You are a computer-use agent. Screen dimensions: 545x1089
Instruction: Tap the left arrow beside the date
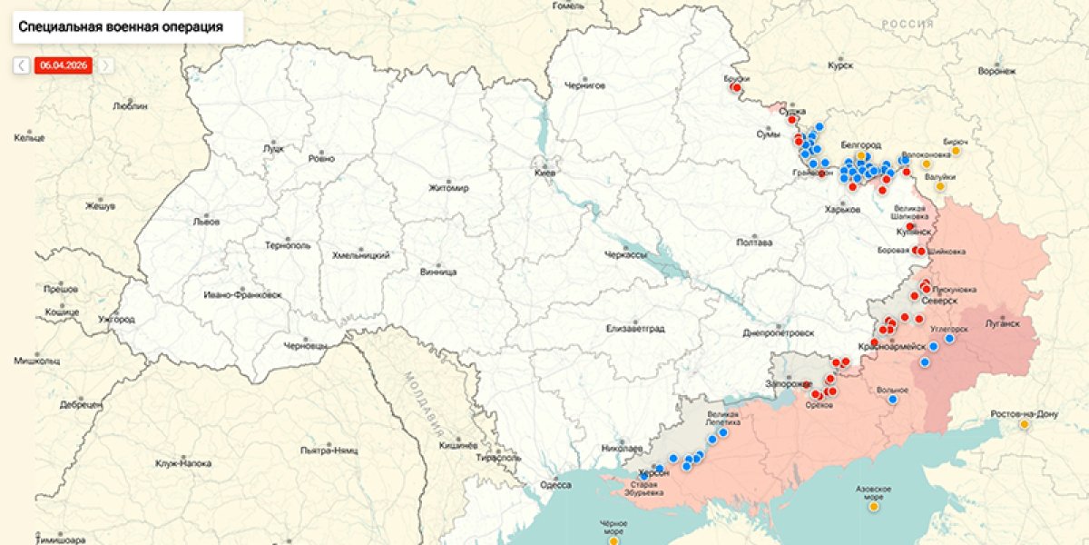coord(21,65)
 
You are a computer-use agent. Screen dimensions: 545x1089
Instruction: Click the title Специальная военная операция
coord(121,27)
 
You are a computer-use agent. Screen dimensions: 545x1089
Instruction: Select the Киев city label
coord(545,173)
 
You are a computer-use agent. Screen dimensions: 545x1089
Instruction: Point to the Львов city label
coord(206,221)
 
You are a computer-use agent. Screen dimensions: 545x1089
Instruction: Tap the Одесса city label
coord(555,486)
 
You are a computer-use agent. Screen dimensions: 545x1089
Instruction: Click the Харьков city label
coord(842,210)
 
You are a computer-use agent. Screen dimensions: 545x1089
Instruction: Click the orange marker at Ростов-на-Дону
coord(1025,424)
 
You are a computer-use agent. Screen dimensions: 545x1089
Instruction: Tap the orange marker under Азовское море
coord(873,507)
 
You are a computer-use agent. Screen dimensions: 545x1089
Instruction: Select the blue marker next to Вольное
coord(893,399)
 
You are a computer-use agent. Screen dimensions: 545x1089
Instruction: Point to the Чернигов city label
coord(584,85)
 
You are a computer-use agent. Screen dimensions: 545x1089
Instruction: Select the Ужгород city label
coord(117,320)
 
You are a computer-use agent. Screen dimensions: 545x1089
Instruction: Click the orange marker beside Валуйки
coord(940,187)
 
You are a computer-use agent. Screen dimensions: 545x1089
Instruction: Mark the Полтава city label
coord(755,243)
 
